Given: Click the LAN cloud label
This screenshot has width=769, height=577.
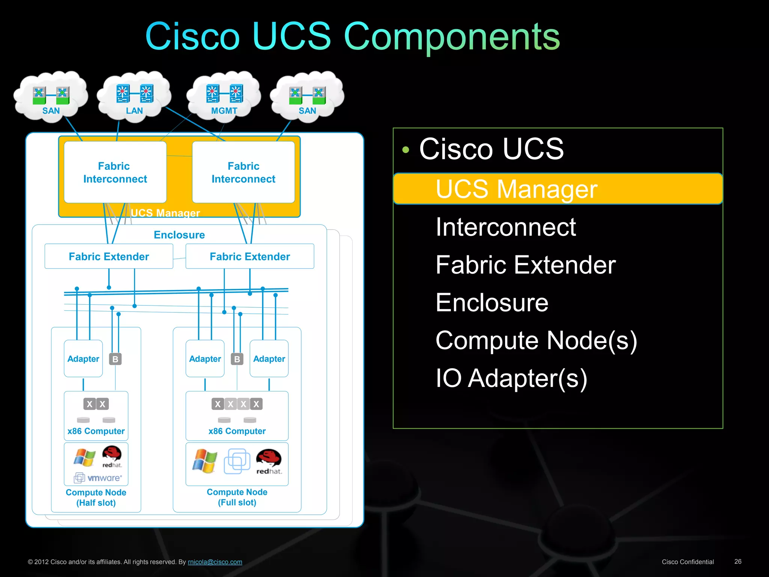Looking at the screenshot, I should (134, 111).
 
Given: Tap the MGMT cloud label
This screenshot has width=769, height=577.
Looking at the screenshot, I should (224, 111).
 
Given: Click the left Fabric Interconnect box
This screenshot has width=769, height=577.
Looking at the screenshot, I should (115, 172).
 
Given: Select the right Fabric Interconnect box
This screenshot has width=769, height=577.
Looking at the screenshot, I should (243, 172).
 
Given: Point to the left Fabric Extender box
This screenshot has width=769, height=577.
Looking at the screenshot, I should (109, 257).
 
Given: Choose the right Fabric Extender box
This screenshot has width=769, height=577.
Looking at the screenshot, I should (250, 257).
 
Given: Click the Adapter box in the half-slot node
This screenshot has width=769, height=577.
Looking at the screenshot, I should (83, 359).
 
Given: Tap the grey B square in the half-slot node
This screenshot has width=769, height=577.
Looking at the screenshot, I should (115, 359).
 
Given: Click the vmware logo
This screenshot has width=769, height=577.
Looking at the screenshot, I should (98, 478).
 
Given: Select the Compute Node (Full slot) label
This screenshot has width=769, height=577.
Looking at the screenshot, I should (237, 497).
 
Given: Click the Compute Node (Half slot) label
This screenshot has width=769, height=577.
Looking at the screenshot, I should (96, 497).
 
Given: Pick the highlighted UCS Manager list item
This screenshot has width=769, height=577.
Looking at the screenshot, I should (516, 189).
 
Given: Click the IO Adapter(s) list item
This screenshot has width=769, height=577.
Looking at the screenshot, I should (511, 378).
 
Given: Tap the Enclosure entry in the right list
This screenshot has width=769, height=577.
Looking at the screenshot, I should (492, 303).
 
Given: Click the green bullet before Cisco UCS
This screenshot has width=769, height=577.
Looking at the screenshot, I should (406, 150).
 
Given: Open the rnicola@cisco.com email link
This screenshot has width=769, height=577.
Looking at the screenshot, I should (215, 562).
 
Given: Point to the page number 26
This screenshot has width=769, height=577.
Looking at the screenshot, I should (737, 562).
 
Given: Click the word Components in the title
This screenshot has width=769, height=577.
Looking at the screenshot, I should (452, 36).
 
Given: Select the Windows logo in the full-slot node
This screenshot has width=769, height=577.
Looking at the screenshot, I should (205, 461).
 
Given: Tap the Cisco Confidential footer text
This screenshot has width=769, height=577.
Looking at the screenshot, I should (688, 562).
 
